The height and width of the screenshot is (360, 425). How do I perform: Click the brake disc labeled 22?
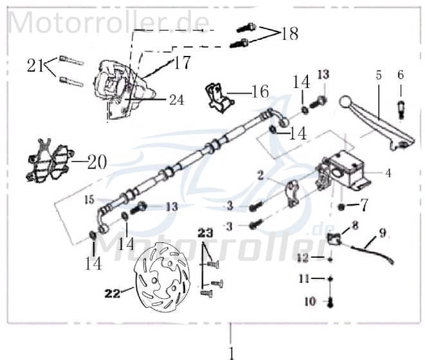(x=161, y=276)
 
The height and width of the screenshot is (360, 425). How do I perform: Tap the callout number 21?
(x=35, y=65)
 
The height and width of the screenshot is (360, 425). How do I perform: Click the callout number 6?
(x=401, y=75)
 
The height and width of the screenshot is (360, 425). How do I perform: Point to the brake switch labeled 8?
(x=335, y=239)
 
